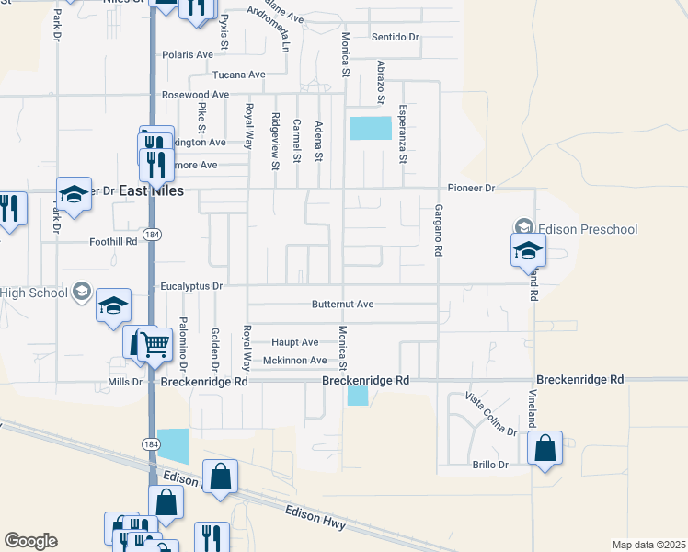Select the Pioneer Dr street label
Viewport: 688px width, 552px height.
click(471, 188)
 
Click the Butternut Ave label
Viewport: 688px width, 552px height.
click(343, 304)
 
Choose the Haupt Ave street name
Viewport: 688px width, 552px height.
click(295, 342)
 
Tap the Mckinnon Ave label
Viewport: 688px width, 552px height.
click(295, 361)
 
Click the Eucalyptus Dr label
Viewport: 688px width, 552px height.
click(192, 286)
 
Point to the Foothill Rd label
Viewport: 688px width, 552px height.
click(113, 241)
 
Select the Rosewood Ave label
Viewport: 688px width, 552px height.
click(195, 95)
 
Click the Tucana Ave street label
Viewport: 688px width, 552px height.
click(238, 75)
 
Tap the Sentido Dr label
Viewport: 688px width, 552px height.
click(396, 37)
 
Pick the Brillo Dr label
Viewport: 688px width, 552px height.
click(489, 465)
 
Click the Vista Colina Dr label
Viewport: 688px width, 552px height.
click(490, 413)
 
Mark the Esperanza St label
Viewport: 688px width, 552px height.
click(402, 134)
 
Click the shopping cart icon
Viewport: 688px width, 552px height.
click(155, 344)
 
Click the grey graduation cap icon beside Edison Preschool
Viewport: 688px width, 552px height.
click(523, 226)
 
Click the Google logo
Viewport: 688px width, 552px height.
click(30, 541)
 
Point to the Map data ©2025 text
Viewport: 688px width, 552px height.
click(648, 546)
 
